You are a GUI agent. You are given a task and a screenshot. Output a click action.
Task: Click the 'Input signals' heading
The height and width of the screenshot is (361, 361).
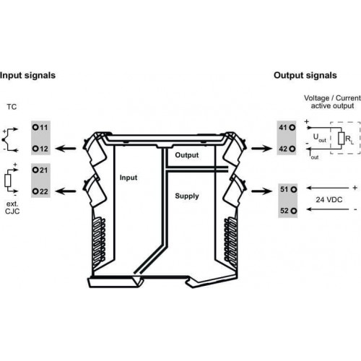(27, 76)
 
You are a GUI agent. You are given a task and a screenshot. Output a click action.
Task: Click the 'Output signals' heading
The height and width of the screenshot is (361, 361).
(305, 76)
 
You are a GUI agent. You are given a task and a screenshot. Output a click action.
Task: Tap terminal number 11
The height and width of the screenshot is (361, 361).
(40, 127)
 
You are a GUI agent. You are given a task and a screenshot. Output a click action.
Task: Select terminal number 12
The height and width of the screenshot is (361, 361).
(40, 149)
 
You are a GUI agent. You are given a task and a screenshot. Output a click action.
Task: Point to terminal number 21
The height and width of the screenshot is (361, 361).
(40, 170)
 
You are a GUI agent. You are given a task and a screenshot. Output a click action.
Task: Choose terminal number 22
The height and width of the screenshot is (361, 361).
(40, 191)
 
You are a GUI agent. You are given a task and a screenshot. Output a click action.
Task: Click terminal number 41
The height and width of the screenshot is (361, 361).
(287, 127)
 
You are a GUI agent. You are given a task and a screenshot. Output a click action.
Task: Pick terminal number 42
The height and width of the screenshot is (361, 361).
(287, 149)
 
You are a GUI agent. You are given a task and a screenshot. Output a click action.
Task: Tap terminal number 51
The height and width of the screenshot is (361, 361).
(288, 189)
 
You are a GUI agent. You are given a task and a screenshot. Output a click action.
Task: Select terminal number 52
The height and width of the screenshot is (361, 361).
(288, 211)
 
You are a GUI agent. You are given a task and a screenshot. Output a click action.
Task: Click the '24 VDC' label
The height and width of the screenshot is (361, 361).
(329, 199)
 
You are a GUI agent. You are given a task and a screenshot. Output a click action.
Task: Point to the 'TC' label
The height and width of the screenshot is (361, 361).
(12, 107)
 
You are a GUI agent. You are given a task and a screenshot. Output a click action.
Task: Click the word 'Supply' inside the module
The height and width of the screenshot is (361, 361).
(187, 196)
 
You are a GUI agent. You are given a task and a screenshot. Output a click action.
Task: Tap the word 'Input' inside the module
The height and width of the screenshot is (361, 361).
(129, 178)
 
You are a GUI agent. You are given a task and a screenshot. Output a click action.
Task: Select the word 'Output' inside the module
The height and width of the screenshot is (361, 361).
(187, 155)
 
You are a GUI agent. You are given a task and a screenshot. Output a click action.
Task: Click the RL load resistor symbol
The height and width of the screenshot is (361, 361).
(341, 139)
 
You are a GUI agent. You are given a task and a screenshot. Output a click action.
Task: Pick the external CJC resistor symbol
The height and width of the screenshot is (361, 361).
(7, 180)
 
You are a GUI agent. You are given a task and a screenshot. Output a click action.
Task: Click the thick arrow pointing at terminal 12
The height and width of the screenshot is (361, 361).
(66, 149)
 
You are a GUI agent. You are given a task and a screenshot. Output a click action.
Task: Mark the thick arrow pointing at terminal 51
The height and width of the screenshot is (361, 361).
(262, 191)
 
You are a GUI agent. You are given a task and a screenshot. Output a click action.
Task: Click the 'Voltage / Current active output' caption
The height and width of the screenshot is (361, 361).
(332, 102)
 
